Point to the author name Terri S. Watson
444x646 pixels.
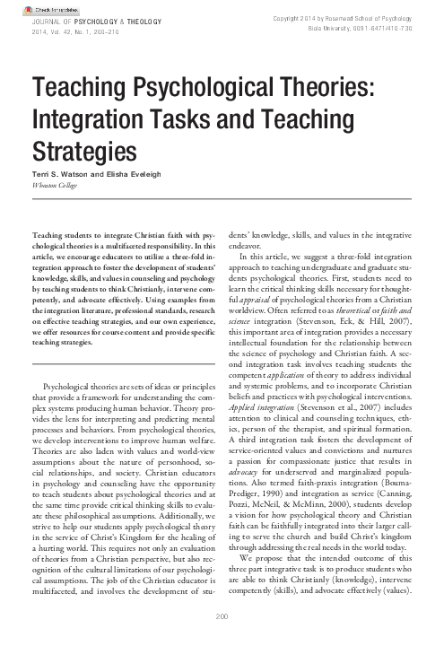click(x=63, y=170)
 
